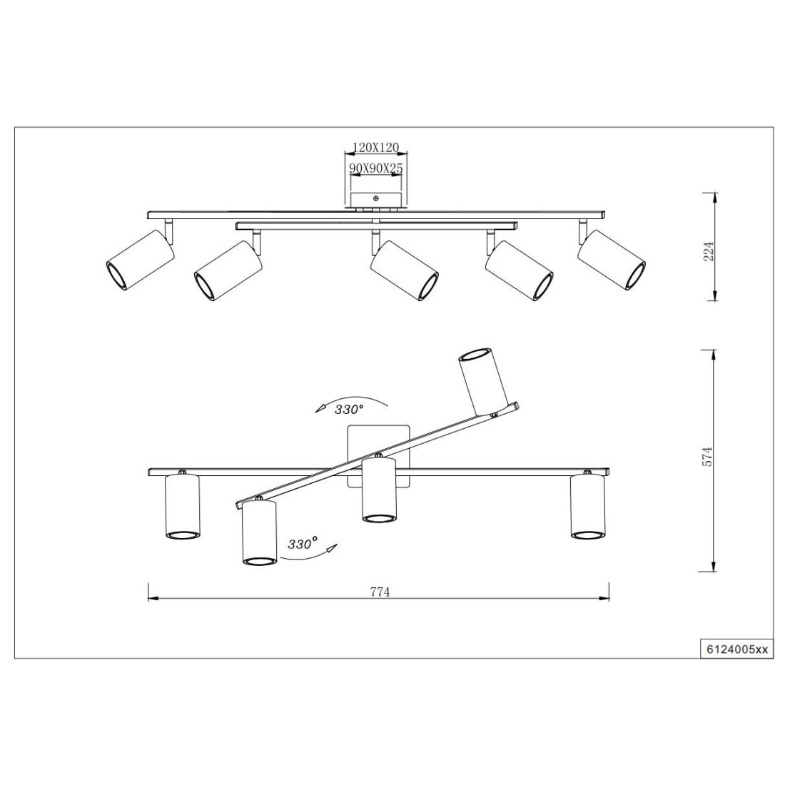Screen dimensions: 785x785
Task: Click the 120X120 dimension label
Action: (x=376, y=147)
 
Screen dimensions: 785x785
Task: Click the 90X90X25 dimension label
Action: (x=376, y=168)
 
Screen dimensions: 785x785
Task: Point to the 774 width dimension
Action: (x=380, y=592)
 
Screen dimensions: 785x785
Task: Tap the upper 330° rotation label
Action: (x=348, y=410)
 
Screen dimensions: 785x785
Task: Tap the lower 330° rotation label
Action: (x=303, y=545)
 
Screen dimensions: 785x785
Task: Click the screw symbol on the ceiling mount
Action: (x=376, y=198)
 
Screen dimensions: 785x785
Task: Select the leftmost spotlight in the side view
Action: (x=141, y=260)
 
